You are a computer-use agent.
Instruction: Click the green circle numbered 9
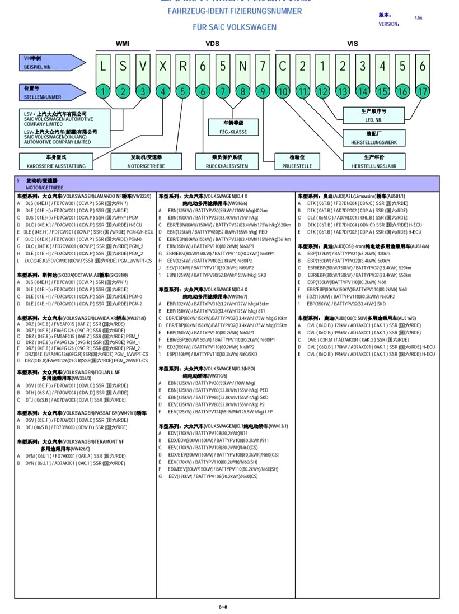263,91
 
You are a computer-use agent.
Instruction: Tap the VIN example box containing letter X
162,66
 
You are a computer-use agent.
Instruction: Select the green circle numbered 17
422,91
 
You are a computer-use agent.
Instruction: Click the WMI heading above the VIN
123,43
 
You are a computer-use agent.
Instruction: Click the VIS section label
352,43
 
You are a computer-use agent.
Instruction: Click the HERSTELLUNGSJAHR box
374,162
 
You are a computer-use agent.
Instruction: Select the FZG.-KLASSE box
233,127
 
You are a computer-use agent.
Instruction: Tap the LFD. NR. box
374,115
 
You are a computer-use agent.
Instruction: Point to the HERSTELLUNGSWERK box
374,138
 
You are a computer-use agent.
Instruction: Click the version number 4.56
418,18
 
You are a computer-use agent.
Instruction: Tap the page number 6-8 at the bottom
223,607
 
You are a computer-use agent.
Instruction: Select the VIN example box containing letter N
242,66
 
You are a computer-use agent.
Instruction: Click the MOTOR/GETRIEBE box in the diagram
146,162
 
